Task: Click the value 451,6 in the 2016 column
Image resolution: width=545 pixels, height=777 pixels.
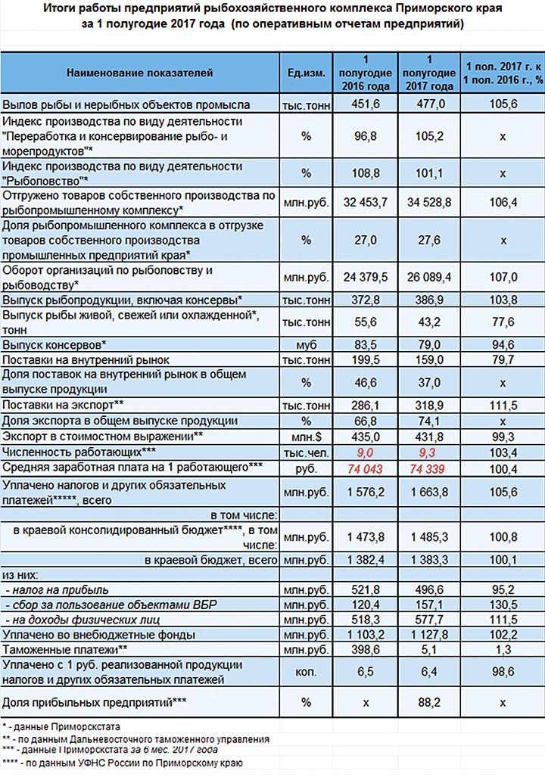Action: (x=366, y=104)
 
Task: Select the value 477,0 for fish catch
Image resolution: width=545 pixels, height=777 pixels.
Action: (x=429, y=104)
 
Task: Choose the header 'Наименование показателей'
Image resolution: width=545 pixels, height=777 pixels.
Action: (x=140, y=73)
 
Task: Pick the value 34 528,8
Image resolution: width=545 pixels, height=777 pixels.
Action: (x=429, y=204)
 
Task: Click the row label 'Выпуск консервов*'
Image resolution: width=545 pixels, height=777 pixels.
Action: (x=54, y=344)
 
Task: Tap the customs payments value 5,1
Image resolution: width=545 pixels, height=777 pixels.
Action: (x=429, y=649)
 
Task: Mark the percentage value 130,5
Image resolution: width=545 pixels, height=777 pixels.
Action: (x=497, y=604)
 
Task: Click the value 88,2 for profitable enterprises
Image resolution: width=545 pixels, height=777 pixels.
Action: (x=429, y=703)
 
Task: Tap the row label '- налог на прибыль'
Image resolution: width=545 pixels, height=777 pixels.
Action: (x=57, y=589)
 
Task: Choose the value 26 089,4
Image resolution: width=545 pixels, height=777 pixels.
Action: (x=429, y=277)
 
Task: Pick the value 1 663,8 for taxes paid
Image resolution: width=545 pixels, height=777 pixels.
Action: (x=429, y=491)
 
